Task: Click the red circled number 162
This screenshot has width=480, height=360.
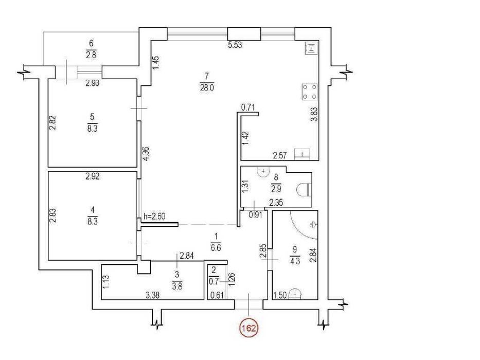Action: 248,329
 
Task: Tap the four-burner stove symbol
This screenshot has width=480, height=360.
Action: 310,92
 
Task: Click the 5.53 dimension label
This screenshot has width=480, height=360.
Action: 235,45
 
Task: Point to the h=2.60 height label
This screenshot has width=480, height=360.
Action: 154,217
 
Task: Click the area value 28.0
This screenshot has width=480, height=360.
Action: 207,88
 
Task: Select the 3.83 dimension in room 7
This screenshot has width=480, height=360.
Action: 314,115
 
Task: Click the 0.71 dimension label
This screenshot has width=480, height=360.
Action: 248,107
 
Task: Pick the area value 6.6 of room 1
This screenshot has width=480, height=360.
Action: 216,248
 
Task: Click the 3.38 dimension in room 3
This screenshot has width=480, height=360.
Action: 152,295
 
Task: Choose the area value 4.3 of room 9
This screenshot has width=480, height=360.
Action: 295,261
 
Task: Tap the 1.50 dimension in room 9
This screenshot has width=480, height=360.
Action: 279,295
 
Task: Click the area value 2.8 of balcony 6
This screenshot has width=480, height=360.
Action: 91,56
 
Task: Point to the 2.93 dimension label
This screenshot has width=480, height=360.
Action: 93,83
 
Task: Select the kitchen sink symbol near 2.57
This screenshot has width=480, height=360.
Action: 302,154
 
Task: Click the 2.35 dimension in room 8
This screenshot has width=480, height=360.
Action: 276,202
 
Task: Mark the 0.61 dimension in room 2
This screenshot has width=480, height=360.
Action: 217,295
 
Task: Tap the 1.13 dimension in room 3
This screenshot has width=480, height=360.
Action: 105,281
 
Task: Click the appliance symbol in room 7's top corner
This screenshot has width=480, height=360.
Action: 311,48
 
